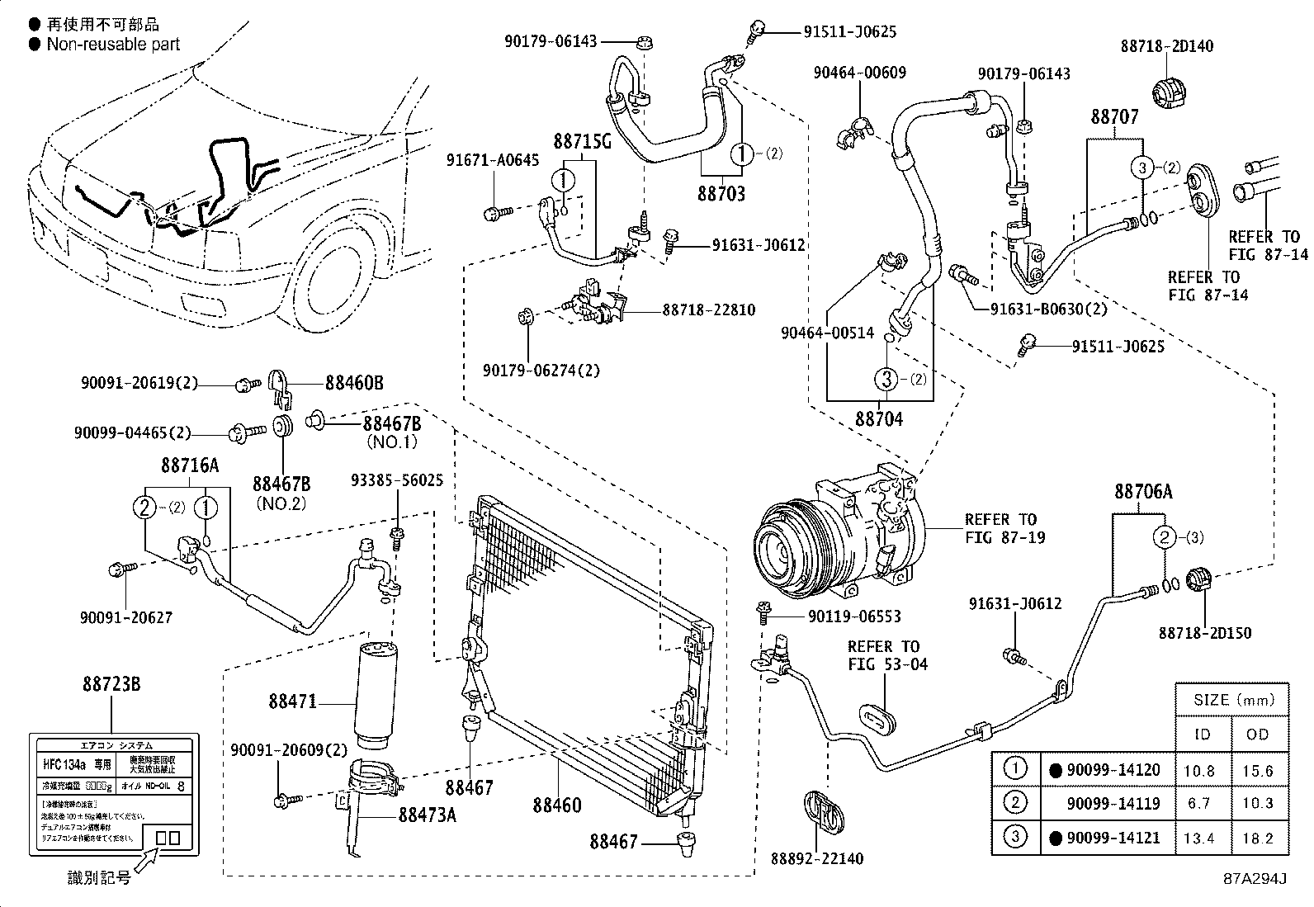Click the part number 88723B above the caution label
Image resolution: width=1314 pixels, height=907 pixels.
coord(111,684)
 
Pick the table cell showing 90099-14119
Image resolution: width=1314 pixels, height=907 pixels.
coord(1113,803)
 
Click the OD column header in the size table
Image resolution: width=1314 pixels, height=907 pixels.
coord(1257,734)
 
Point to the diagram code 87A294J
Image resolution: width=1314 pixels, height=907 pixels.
coord(1255,878)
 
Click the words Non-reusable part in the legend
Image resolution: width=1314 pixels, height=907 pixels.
coord(113,45)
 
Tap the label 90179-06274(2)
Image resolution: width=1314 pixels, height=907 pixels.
coord(541,371)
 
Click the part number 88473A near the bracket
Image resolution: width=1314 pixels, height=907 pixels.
coord(427,815)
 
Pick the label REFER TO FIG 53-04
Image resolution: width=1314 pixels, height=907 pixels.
coord(882,655)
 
